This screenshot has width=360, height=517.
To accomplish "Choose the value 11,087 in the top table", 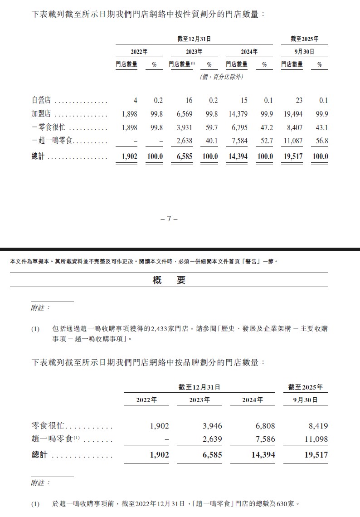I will click(292, 141).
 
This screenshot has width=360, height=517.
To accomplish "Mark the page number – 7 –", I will click(169, 219).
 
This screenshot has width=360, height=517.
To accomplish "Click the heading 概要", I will click(169, 280).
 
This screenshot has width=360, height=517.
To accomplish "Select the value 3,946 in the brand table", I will click(212, 426).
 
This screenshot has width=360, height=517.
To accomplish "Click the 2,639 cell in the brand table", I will click(212, 439).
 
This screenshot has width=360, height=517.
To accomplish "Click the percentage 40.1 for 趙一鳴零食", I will click(212, 141).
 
